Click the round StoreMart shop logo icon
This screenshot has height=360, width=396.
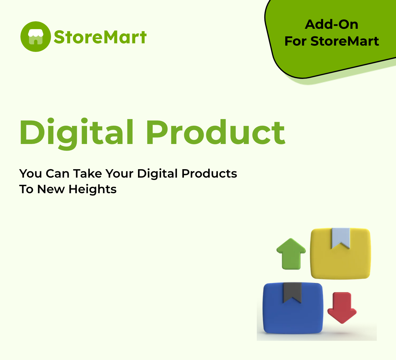click(35, 37)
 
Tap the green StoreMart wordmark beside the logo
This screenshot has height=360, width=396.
click(100, 37)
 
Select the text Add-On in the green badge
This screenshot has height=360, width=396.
click(331, 25)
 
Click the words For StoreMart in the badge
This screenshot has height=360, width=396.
click(331, 41)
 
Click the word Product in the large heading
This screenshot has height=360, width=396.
click(215, 132)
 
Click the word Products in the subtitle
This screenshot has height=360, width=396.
click(209, 174)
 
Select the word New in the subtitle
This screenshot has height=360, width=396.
click(51, 189)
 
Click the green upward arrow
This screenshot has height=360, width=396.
click(291, 254)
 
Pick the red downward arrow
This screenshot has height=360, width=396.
click(342, 308)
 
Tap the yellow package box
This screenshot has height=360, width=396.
click(340, 253)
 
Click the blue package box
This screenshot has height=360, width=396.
click(293, 308)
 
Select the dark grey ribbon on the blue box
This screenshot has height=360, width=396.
click(292, 293)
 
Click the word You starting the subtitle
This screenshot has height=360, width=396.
click(31, 174)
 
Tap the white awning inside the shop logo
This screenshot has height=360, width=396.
click(35, 33)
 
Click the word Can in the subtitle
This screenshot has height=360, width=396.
click(57, 174)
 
